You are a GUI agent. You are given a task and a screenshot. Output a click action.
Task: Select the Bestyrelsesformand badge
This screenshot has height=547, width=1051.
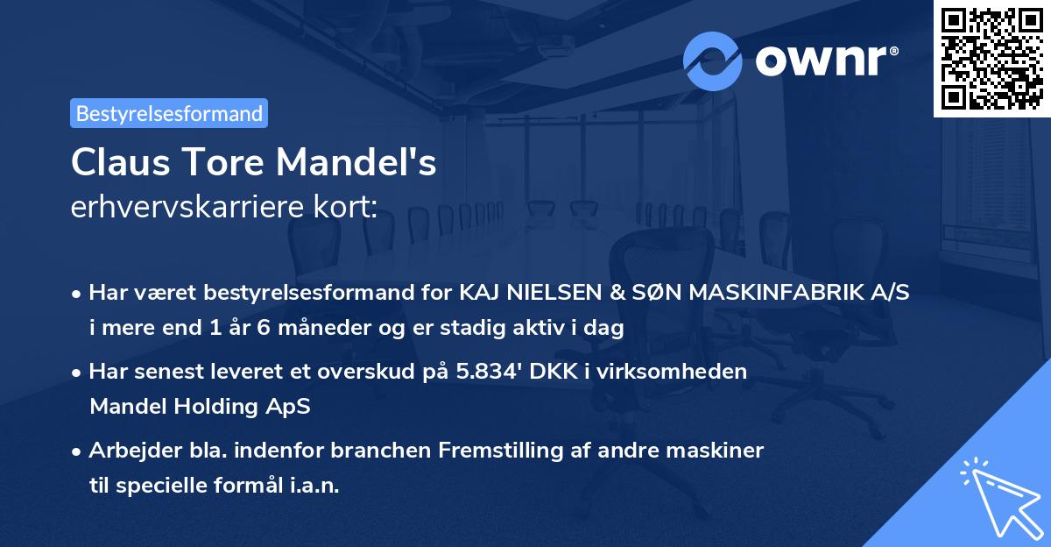click(x=169, y=113)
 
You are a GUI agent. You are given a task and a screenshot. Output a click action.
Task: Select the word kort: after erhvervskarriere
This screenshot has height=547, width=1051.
click(x=344, y=208)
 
